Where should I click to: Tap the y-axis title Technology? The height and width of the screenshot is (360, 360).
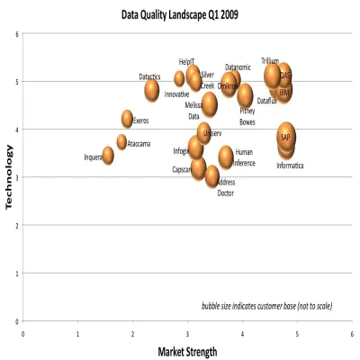tap(10, 177)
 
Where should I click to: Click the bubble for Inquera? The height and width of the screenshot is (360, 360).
tap(108, 156)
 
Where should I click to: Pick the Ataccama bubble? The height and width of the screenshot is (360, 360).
tap(121, 141)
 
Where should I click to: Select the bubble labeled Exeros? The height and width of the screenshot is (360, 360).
tap(128, 118)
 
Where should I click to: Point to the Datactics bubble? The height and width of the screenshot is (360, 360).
tap(152, 89)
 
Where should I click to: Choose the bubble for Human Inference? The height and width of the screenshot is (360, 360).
tap(226, 157)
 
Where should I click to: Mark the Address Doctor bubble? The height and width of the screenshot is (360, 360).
tap(212, 176)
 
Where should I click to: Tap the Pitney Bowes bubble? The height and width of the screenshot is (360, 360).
tap(245, 95)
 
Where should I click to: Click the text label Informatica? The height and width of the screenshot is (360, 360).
tap(290, 166)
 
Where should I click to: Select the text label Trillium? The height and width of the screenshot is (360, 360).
tap(270, 61)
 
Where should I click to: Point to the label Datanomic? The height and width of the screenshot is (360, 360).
tap(238, 67)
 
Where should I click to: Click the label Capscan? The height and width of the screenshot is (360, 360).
tap(182, 169)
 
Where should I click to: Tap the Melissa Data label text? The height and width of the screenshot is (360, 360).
tap(193, 111)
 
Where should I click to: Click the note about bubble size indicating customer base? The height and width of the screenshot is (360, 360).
tap(266, 306)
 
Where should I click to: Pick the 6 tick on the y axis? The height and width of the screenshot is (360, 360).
tap(16, 34)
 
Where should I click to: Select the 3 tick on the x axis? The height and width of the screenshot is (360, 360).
tap(187, 333)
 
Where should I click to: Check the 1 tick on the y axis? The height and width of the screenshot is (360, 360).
tap(16, 274)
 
